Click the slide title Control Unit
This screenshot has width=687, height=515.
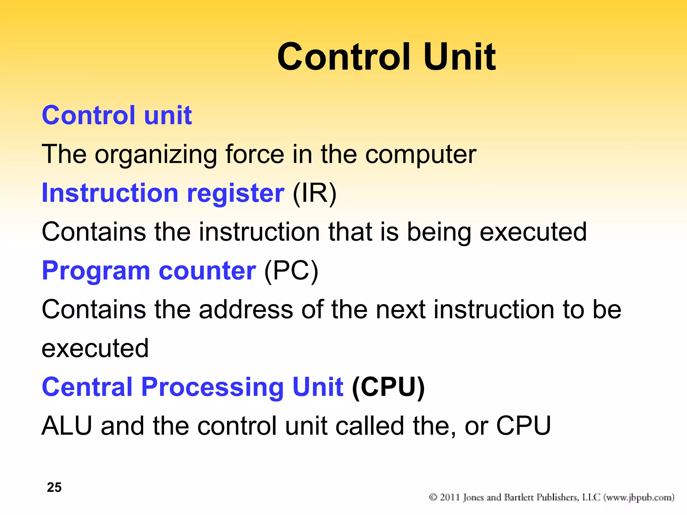(x=386, y=57)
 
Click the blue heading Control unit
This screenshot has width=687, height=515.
(x=117, y=115)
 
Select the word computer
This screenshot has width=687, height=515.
(x=421, y=155)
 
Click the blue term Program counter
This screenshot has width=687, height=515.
(x=149, y=271)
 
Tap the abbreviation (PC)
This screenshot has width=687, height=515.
(x=291, y=271)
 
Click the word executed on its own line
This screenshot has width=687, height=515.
(x=95, y=348)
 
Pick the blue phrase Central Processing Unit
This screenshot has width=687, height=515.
(x=193, y=387)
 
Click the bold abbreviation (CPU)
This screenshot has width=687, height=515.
(x=388, y=387)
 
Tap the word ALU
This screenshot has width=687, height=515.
(x=67, y=426)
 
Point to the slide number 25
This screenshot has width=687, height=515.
(x=54, y=487)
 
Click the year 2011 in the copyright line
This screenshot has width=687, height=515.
(x=450, y=497)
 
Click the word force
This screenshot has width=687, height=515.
(x=255, y=155)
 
